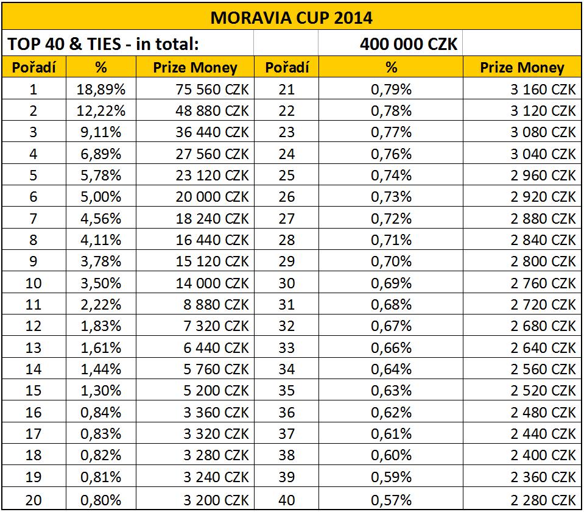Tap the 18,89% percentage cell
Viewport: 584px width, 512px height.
coord(101,90)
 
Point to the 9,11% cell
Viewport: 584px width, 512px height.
coord(101,132)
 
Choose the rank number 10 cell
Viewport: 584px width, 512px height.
coord(33,283)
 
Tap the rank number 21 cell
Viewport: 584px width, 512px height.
coord(286,90)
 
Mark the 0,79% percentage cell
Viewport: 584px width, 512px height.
coord(391,90)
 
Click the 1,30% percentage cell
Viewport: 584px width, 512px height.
coord(101,391)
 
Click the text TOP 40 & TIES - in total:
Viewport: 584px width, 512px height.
coord(103,44)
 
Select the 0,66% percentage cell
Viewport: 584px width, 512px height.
coord(391,348)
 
